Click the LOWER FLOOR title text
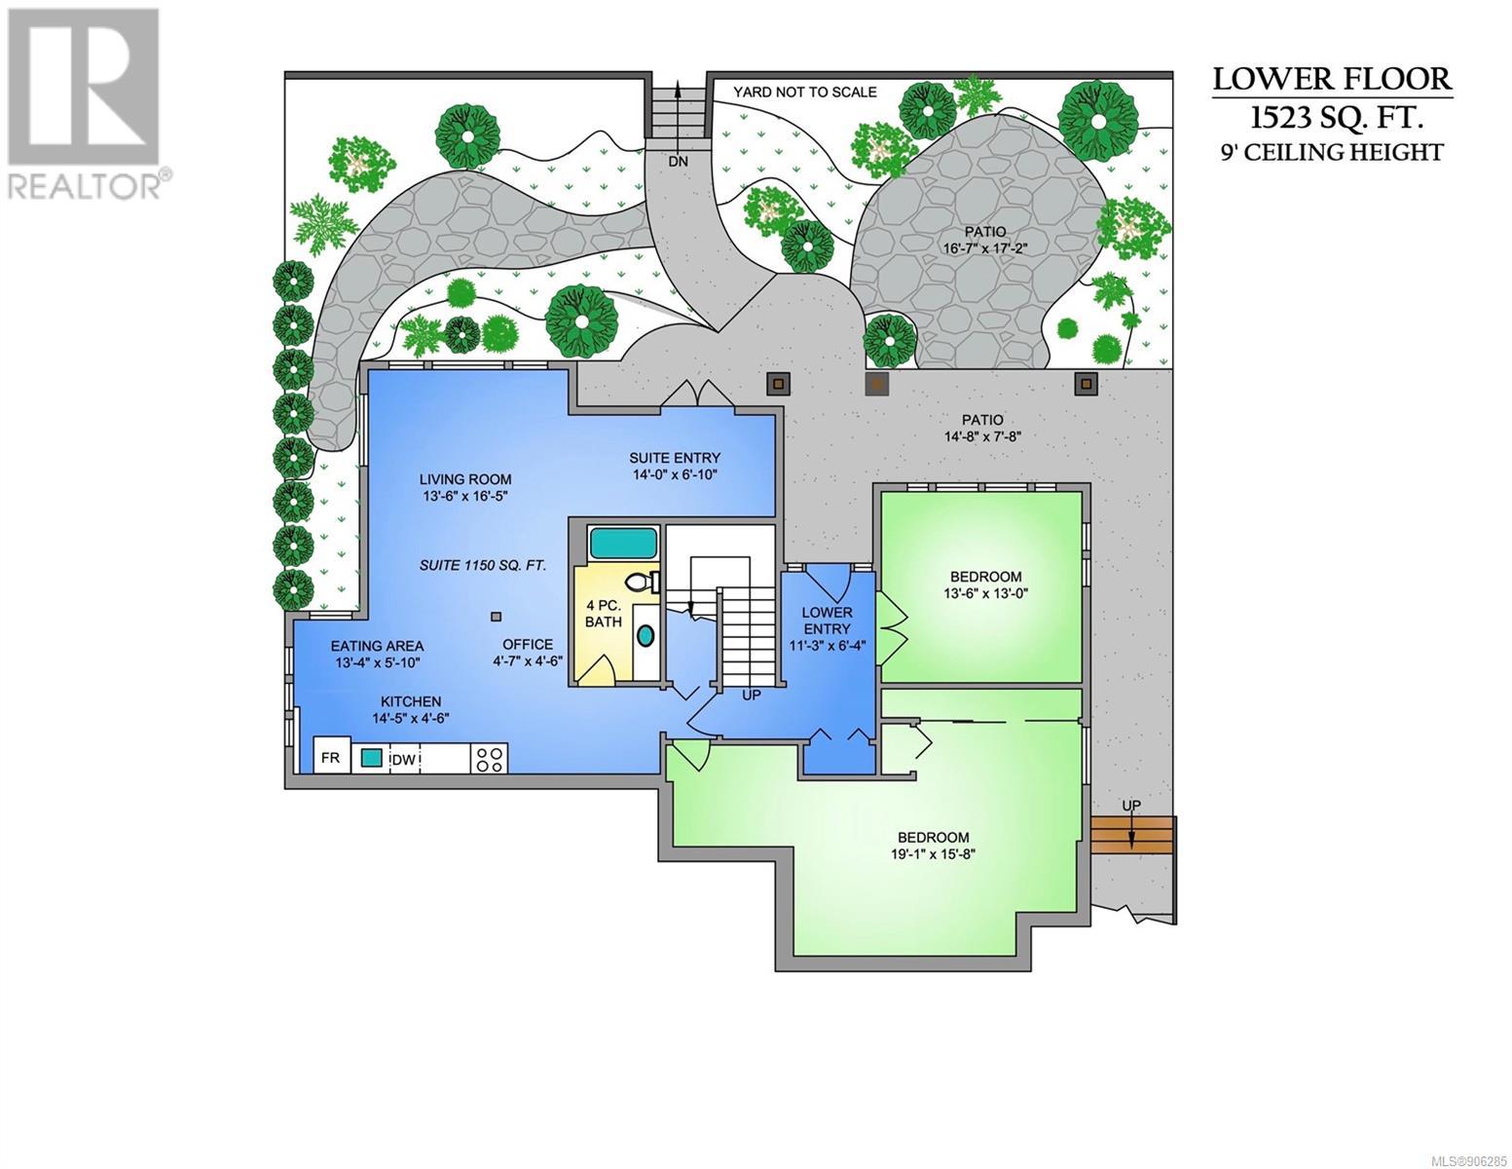click(1332, 79)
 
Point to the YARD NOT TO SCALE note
click(804, 92)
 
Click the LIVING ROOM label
click(464, 479)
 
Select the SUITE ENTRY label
click(675, 458)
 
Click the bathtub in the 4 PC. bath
click(623, 543)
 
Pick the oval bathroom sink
click(646, 636)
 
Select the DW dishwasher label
click(404, 760)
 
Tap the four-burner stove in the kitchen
click(489, 758)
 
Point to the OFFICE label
click(528, 645)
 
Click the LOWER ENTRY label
click(827, 621)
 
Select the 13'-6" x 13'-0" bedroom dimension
click(985, 593)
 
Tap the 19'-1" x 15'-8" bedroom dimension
click(933, 854)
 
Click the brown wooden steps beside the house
click(1132, 835)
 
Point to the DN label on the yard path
click(678, 162)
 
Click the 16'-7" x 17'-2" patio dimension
click(984, 247)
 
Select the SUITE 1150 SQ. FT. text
click(482, 565)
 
